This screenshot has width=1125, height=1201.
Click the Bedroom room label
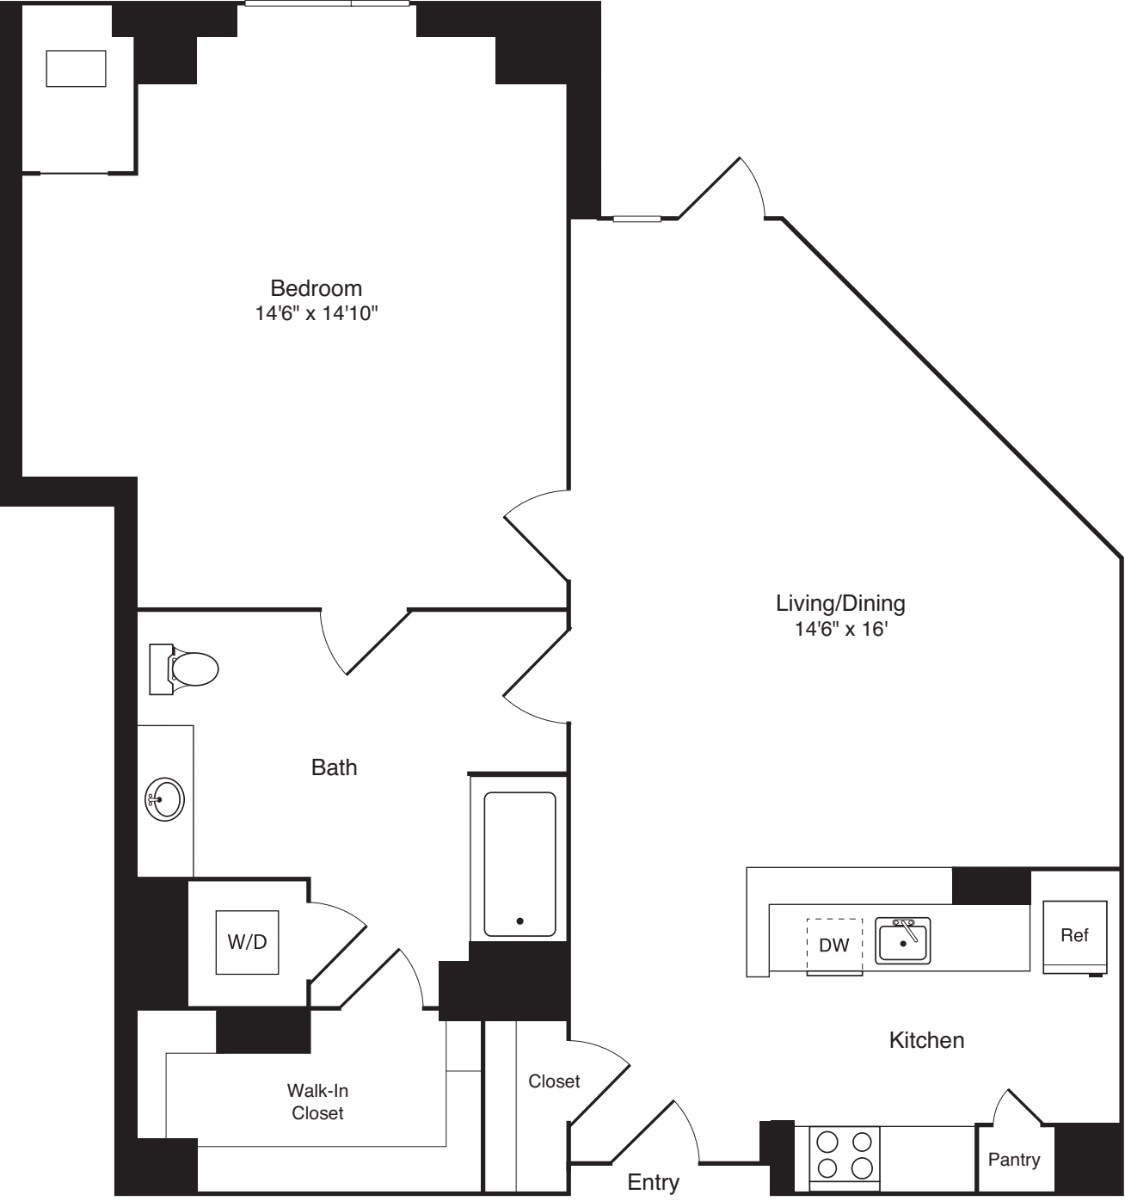tap(316, 287)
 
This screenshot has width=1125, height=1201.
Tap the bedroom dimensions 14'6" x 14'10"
tap(316, 314)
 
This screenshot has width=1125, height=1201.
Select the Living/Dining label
tap(840, 603)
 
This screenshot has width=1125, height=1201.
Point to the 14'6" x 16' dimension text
tap(840, 630)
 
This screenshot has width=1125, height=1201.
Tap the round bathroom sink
tap(164, 799)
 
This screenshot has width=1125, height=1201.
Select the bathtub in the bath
tap(519, 864)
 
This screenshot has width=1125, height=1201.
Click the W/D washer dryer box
tap(247, 942)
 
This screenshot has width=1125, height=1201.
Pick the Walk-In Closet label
tap(317, 1102)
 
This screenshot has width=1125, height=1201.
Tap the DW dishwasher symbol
tap(833, 945)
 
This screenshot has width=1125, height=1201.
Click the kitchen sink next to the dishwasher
tap(902, 941)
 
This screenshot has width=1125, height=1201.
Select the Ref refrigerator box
tap(1074, 936)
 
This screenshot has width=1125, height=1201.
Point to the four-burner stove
tap(844, 1155)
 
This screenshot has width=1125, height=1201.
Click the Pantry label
tap(1013, 1160)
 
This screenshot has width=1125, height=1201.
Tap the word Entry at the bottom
tap(653, 1183)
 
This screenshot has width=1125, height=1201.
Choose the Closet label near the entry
tap(554, 1081)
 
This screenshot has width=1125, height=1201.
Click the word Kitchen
tap(926, 1040)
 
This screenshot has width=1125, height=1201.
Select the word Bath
tap(334, 767)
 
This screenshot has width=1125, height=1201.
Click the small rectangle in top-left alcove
tap(76, 69)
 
